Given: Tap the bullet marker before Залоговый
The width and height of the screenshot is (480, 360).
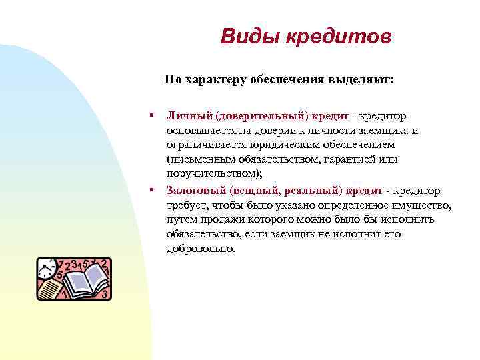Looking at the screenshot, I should coord(153,190).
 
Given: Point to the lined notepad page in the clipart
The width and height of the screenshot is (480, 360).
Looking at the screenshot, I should coord(49,289).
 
